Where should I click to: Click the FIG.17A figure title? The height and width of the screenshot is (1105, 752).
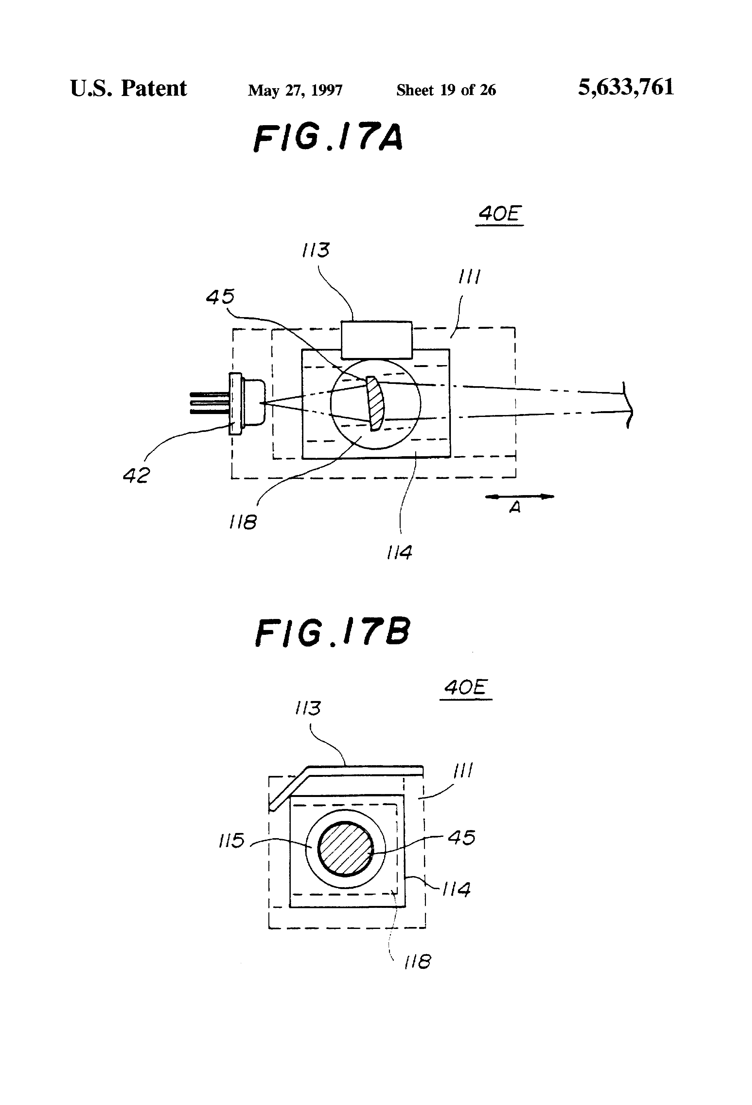point(328,138)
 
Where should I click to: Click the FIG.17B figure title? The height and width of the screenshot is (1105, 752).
point(332,632)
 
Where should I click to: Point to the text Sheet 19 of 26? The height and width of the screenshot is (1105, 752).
point(446,90)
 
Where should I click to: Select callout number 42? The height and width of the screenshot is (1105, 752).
point(136,475)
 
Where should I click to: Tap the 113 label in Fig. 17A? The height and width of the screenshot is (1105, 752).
point(316,250)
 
